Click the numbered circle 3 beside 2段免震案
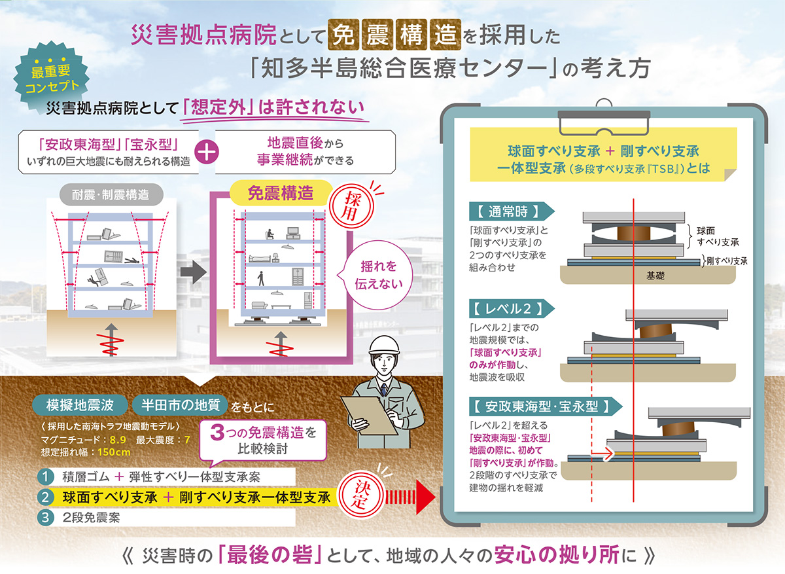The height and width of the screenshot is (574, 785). point(46,517)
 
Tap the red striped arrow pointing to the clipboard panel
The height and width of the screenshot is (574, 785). point(408,497)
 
